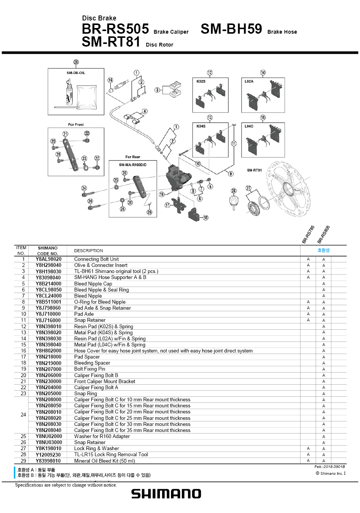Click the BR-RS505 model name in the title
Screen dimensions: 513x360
(x=115, y=29)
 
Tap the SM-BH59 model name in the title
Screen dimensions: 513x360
(x=231, y=29)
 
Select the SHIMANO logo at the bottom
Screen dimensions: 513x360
(x=166, y=493)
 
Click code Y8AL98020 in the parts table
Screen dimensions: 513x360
(x=49, y=259)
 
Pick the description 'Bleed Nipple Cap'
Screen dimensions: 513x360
(x=93, y=284)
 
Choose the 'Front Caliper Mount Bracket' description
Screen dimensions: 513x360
(x=105, y=381)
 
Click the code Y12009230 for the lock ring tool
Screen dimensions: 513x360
(x=49, y=455)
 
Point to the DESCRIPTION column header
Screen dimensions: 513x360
(x=89, y=251)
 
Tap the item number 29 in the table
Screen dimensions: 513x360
(x=23, y=461)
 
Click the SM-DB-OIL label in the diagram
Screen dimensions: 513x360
(x=76, y=73)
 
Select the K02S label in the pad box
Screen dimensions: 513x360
(x=201, y=81)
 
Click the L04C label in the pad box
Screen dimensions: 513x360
(x=249, y=126)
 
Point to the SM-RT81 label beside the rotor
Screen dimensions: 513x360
(x=255, y=170)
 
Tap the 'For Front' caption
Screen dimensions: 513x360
(x=76, y=125)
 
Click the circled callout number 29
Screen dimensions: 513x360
(x=76, y=62)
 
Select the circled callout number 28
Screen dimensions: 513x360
(x=234, y=191)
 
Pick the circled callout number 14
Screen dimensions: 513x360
(x=263, y=73)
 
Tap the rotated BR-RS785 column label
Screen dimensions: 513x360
(x=308, y=234)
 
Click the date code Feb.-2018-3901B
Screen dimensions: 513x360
(x=330, y=467)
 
